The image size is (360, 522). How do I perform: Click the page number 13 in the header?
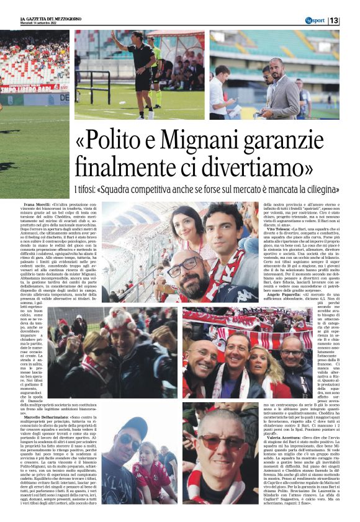click(x=351, y=20)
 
